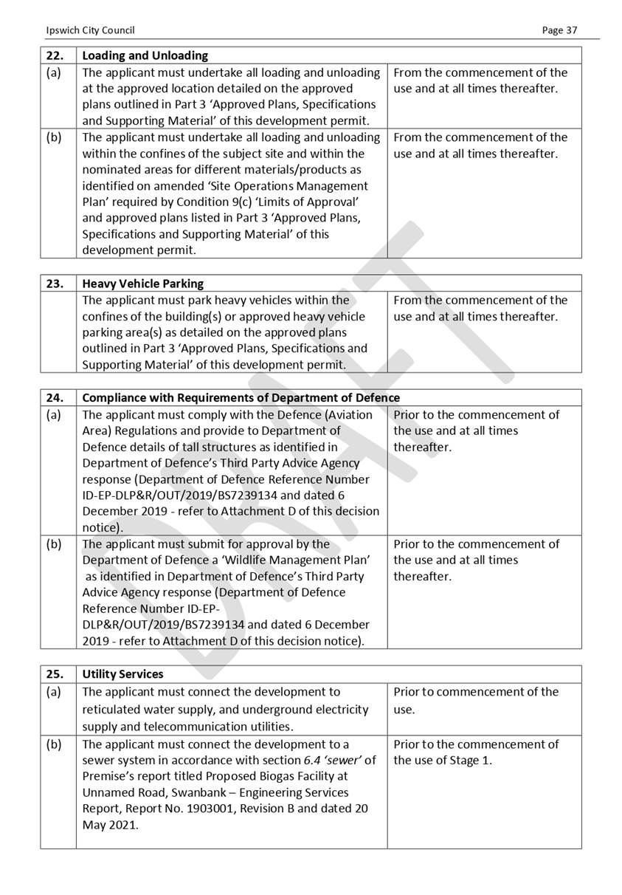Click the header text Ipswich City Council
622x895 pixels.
tap(90, 30)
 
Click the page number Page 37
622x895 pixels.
tap(559, 30)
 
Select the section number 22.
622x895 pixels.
tap(55, 55)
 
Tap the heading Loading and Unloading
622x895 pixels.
tap(145, 55)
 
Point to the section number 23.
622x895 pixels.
tap(55, 284)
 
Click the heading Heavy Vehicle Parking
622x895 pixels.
tap(142, 284)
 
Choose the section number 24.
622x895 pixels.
tap(55, 398)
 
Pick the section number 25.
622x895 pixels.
tap(55, 674)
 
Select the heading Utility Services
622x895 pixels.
tap(122, 674)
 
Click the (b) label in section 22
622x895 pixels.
tap(54, 137)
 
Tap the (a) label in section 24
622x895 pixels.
tap(54, 415)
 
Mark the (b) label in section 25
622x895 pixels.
tap(54, 744)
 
